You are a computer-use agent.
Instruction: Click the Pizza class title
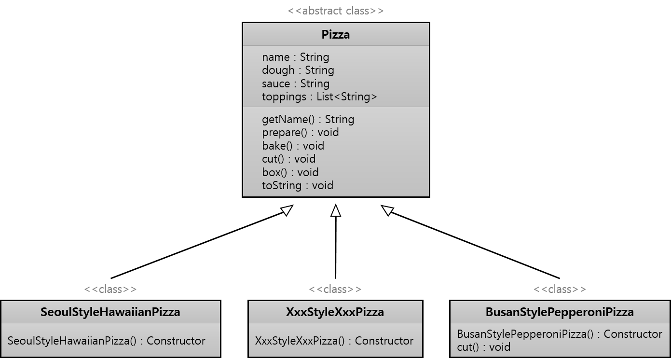[335, 35]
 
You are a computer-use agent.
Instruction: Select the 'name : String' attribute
[295, 57]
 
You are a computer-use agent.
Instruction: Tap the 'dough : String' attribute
[298, 70]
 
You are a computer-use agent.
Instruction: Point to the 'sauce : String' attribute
[295, 83]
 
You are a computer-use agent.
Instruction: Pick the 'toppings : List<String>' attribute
[319, 97]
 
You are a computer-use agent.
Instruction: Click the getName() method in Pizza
[308, 119]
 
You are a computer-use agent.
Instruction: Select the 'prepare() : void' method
[300, 132]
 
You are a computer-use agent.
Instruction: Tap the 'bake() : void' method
[293, 146]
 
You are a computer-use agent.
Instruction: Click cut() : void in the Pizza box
[288, 159]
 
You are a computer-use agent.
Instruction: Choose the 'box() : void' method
[290, 172]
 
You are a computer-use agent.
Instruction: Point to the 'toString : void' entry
[297, 185]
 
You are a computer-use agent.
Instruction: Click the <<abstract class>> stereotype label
[335, 11]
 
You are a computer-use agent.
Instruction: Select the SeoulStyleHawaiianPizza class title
[110, 312]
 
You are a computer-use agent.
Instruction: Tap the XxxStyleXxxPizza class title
[335, 312]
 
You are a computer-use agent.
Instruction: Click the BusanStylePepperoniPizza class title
[560, 312]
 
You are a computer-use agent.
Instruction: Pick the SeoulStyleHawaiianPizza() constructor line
[107, 341]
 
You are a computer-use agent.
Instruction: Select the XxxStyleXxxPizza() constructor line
[334, 341]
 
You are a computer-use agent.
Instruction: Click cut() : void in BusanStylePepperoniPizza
[483, 347]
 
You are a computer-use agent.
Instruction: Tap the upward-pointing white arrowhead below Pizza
[336, 211]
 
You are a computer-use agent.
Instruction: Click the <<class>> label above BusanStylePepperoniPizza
[560, 289]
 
